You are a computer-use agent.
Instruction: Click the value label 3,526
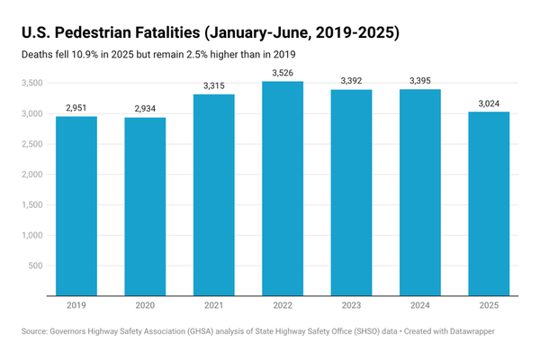(x=282, y=73)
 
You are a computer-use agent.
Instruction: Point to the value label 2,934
(x=145, y=109)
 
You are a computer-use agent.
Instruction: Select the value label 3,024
(x=488, y=103)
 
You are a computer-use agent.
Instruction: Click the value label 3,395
(x=419, y=81)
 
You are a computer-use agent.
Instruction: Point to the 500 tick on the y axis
(x=33, y=265)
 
